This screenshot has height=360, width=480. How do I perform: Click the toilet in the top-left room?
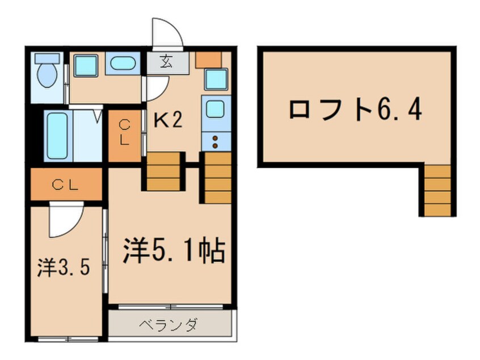tap(45, 74)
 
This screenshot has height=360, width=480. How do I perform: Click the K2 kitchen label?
tap(169, 120)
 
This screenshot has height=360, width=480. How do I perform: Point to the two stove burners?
tap(216, 142)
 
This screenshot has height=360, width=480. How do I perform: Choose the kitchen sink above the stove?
tap(215, 108)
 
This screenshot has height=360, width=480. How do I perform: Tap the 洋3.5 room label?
tap(64, 267)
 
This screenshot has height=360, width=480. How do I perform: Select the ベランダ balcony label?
tap(169, 325)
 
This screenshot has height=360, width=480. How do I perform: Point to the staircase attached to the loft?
tap(438, 190)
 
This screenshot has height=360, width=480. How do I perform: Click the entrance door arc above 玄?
tap(169, 34)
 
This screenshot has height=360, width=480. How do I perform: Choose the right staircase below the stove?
tap(216, 177)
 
